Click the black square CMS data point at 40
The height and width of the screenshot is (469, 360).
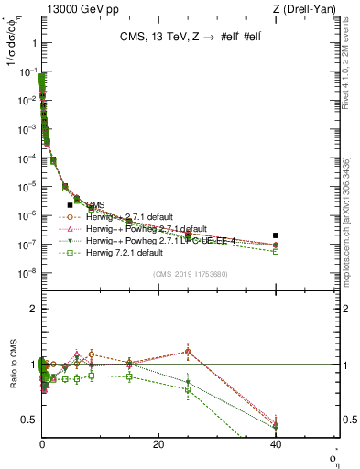click(276, 235)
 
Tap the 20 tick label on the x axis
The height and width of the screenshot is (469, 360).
click(158, 444)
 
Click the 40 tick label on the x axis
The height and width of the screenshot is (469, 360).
click(276, 444)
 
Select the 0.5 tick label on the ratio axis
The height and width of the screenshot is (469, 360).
click(27, 420)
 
